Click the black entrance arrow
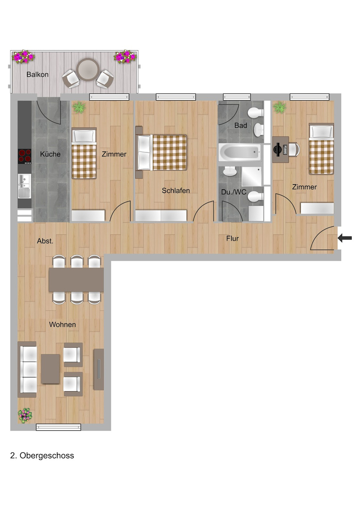345,238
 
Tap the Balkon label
37,74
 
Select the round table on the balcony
88,69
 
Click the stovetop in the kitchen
24,156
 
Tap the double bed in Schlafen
162,153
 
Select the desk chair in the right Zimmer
294,149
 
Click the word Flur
233,238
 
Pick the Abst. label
45,241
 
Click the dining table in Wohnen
76,280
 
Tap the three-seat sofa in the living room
27,369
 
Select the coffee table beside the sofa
50,369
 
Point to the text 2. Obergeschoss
42,455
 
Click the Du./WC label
234,192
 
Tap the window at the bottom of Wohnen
58,427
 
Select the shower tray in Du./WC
252,176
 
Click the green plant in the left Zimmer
79,107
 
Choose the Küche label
50,154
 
